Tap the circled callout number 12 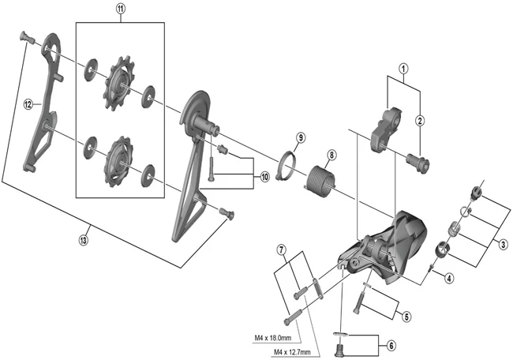[28, 103]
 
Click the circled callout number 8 [331, 155]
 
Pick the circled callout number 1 [404, 68]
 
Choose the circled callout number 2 [421, 121]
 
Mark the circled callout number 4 [447, 277]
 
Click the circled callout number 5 [406, 317]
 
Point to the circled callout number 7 [281, 251]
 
